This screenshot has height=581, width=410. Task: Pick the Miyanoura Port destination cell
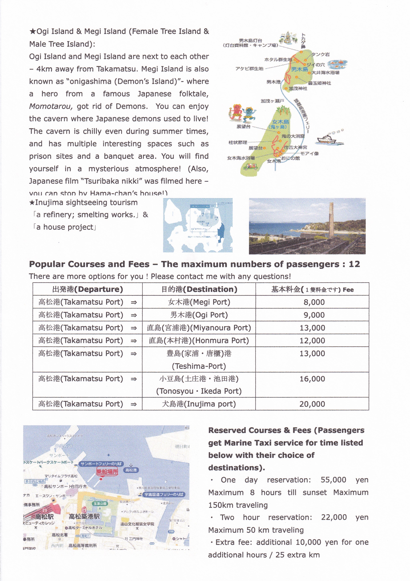tap(199, 328)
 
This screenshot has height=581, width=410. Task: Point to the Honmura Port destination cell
tap(199, 341)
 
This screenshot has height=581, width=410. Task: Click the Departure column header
tap(87, 289)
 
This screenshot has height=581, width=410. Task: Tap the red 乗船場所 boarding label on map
tap(107, 471)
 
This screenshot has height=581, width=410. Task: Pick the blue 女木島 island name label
tap(280, 122)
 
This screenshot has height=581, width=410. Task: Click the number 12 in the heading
tap(354, 264)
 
